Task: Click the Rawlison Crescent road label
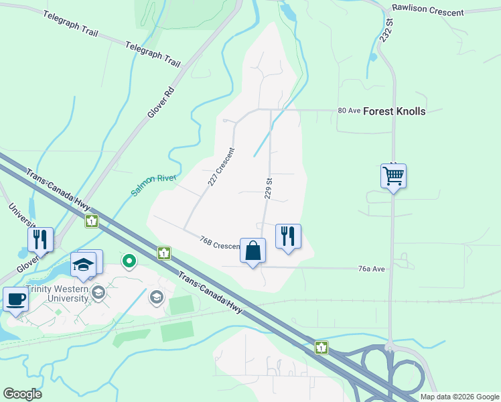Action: point(428,13)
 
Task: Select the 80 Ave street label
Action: point(349,111)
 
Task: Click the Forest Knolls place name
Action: point(394,111)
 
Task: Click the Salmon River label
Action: point(153,184)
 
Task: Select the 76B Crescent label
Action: point(220,243)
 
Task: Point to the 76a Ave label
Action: point(372,269)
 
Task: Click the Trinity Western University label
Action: point(57,293)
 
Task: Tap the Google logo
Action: point(22,394)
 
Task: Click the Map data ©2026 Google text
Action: point(459,397)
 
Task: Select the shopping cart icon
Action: point(393,176)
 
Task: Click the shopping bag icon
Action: point(253,251)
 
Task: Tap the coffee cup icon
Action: point(15,298)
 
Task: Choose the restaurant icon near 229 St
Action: point(288,236)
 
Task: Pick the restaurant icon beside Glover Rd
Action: point(40,239)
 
